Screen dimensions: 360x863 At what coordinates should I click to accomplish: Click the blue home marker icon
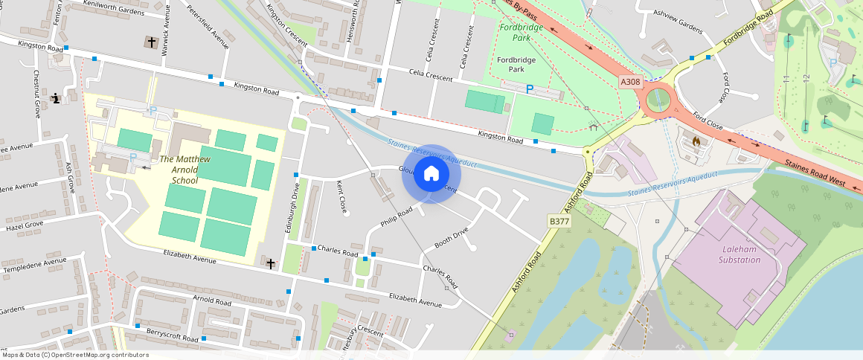click(431, 174)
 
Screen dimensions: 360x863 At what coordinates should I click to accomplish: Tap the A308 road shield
click(630, 82)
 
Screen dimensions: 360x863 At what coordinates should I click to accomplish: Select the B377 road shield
click(559, 221)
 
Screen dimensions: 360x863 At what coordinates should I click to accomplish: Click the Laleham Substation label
click(740, 254)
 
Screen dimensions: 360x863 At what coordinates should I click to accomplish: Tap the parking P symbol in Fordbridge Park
click(530, 89)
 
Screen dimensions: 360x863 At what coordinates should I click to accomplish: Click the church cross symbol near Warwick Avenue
click(152, 42)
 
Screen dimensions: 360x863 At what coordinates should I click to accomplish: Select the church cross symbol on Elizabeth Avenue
click(271, 263)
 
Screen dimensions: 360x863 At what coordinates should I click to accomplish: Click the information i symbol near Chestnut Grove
click(56, 97)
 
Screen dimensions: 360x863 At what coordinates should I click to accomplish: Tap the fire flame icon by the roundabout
click(696, 140)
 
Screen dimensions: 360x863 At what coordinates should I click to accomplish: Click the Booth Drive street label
click(452, 238)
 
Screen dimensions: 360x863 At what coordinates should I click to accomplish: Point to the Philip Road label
click(397, 217)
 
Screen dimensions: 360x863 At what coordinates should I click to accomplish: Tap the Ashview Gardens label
click(678, 26)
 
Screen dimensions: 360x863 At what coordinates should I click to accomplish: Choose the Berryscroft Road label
click(173, 335)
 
